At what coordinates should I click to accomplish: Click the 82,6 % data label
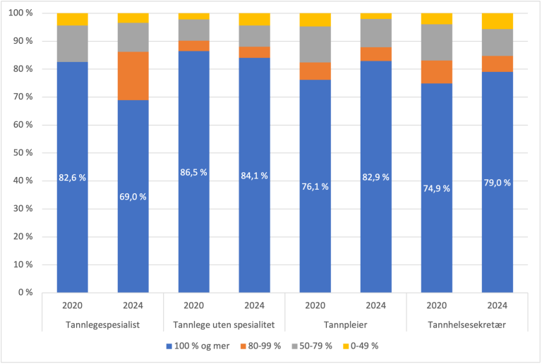click(72, 178)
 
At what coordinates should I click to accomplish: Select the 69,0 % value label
click(133, 197)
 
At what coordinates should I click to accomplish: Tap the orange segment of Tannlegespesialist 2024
click(133, 75)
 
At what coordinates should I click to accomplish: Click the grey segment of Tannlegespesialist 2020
click(72, 44)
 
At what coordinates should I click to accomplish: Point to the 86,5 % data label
click(193, 172)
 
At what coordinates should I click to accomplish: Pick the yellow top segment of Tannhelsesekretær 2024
click(497, 21)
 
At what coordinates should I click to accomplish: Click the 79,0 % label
click(497, 183)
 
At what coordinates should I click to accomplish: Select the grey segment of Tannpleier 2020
click(315, 44)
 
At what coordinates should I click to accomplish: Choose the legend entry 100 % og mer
click(200, 346)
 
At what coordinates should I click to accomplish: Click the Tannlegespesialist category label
click(102, 324)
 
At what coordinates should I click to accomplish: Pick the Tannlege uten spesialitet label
click(224, 324)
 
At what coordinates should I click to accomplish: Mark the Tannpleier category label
click(345, 324)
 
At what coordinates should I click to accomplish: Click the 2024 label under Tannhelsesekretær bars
click(497, 307)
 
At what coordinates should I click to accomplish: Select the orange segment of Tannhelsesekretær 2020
click(436, 72)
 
